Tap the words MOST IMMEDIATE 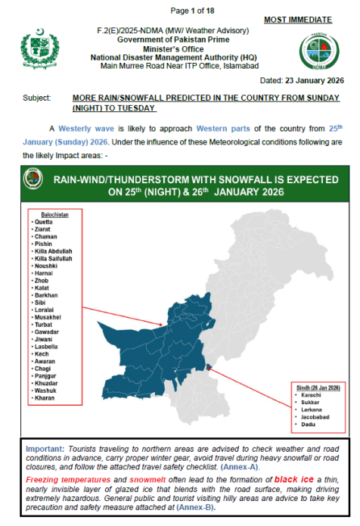[x=297, y=19]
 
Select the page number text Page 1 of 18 [x=193, y=10]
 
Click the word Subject [x=37, y=98]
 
